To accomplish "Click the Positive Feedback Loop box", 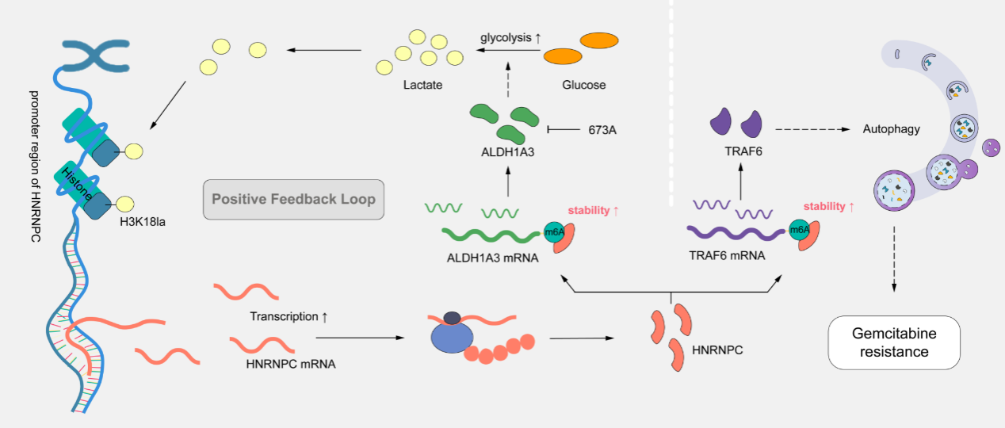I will [x=293, y=198].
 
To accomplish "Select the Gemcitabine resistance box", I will [x=893, y=342].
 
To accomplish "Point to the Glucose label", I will [x=583, y=85].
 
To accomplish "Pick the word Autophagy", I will [x=891, y=128].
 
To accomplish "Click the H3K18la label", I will [x=147, y=221].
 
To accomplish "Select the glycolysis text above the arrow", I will [x=506, y=37].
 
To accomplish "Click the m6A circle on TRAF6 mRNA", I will [x=799, y=231].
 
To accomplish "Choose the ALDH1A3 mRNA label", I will [x=482, y=256].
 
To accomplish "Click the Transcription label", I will [x=289, y=316].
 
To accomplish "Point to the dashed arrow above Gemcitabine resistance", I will [x=894, y=258].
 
